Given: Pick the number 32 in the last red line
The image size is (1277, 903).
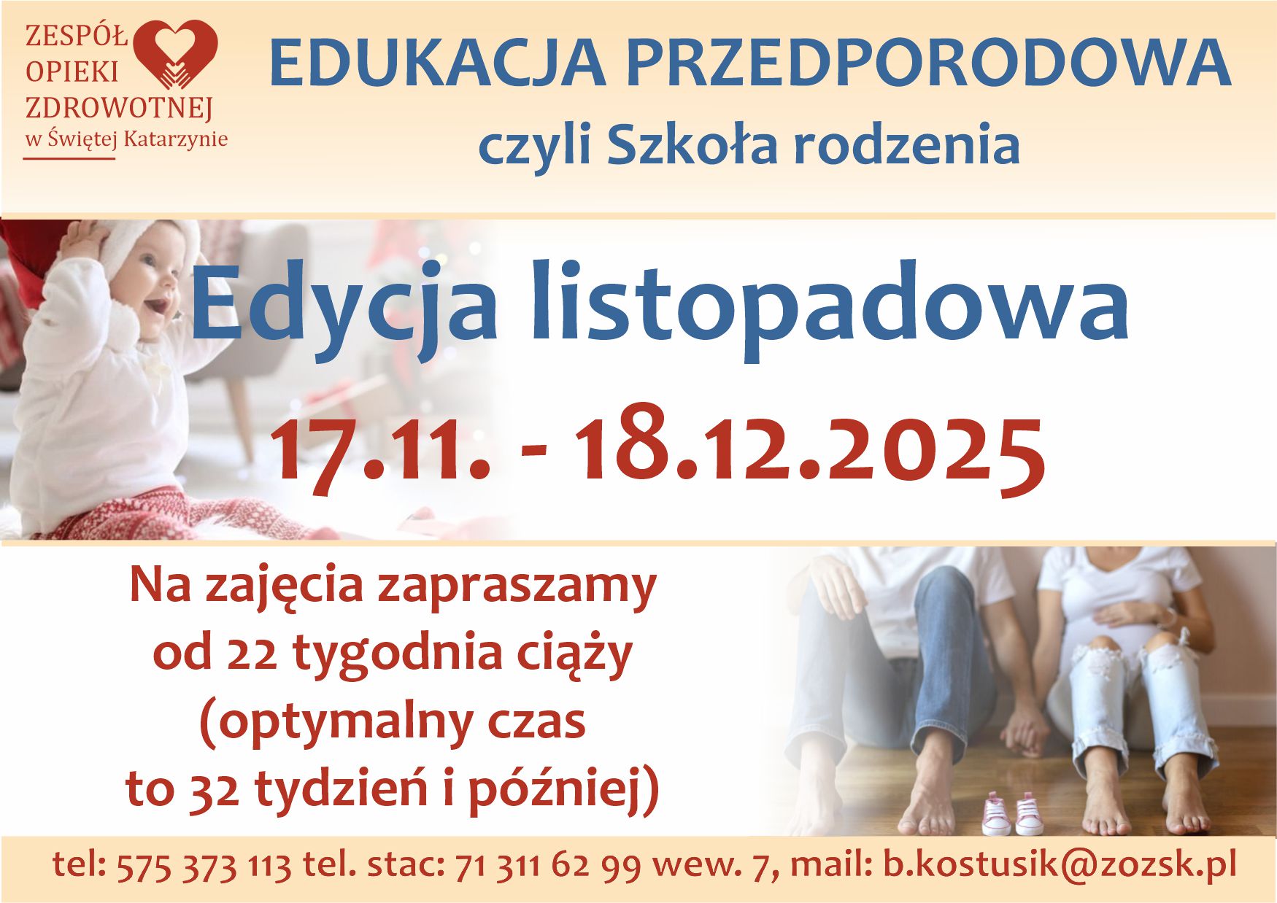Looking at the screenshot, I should pos(214,789).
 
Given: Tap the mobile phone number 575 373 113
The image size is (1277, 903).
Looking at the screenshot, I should pos(204,866).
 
